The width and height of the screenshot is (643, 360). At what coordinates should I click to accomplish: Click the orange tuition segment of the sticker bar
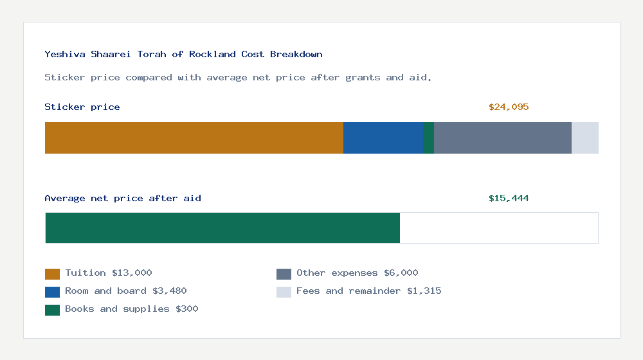[194, 138]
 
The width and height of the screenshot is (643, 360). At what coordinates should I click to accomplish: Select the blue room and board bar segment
[383, 138]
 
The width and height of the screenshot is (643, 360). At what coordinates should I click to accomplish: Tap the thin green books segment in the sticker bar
[428, 138]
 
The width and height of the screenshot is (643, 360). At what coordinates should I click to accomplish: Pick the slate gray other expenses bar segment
[502, 138]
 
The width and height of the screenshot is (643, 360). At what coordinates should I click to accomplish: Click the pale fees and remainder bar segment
[584, 138]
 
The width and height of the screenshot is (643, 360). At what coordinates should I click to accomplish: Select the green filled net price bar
[222, 228]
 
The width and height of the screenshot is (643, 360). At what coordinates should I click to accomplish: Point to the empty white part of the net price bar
[498, 228]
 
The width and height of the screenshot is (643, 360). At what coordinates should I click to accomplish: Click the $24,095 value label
[508, 107]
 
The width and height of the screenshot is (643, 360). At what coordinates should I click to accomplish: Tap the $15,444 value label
[508, 199]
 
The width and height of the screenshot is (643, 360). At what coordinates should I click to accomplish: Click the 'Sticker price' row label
[82, 107]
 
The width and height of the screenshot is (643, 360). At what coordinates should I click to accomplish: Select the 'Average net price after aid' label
[122, 199]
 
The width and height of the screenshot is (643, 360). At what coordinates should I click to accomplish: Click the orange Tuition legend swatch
[52, 274]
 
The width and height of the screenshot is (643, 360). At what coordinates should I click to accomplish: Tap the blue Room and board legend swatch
[52, 292]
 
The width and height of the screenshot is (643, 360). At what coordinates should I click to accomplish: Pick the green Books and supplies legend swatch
[52, 310]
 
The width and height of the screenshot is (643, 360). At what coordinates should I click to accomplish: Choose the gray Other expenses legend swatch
[284, 274]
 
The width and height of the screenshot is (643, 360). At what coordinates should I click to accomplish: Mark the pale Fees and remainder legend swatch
[284, 292]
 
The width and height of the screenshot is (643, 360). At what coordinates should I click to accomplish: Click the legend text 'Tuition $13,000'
[108, 273]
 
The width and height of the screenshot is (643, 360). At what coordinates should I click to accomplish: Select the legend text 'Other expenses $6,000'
[357, 273]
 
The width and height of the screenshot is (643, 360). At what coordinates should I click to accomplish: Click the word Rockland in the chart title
[212, 55]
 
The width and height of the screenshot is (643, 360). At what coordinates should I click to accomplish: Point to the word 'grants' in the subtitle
[363, 78]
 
